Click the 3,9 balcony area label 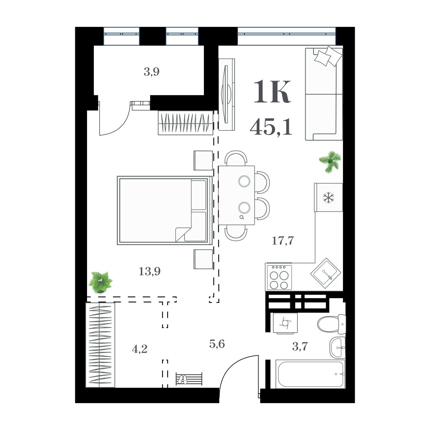pos(152,72)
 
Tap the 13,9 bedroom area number pos(149,272)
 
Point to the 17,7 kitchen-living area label pos(283,240)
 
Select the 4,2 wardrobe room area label pos(139,349)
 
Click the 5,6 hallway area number pos(217,344)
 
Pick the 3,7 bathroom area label pos(300,347)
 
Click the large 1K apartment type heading pos(272,92)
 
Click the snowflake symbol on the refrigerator pos(328,198)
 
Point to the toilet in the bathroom pos(331,324)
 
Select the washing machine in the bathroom pos(285,323)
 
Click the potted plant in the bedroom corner pos(100,282)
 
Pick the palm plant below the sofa pos(330,162)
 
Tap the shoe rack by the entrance pos(189,379)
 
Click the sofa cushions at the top pos(328,56)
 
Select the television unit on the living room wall pos(226,95)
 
